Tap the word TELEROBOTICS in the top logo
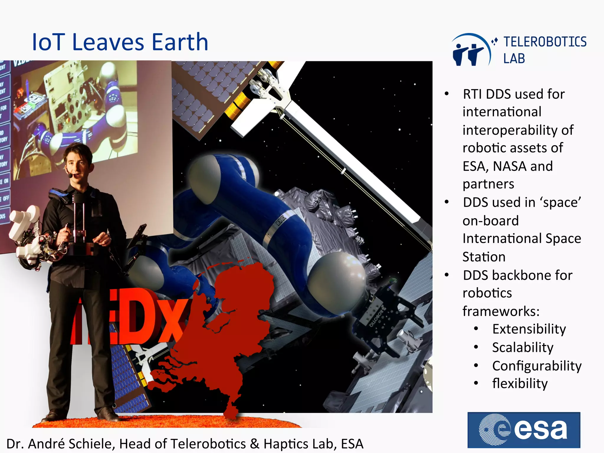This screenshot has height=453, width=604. click(x=545, y=42)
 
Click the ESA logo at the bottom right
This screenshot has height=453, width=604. click(x=524, y=430)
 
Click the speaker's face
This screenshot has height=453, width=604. click(x=77, y=165)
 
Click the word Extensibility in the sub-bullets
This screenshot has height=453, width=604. click(x=529, y=329)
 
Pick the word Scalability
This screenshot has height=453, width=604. click(x=523, y=347)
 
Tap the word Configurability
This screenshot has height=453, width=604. click(x=537, y=366)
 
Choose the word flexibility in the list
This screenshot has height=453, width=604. click(x=520, y=384)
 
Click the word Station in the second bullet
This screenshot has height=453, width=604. click(x=484, y=257)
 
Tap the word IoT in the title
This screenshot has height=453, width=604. click(x=48, y=42)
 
